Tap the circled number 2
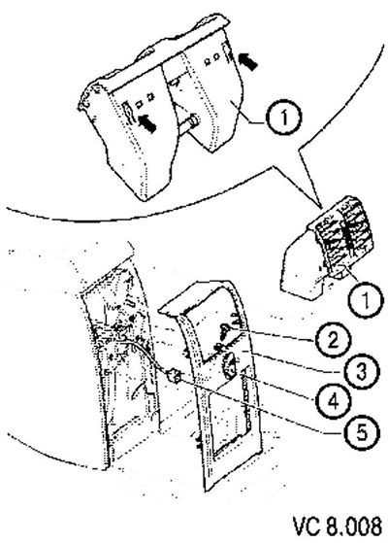(x=333, y=340)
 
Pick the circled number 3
(x=362, y=372)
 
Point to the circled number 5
(x=362, y=433)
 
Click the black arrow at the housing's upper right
(x=248, y=61)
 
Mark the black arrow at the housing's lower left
(x=146, y=123)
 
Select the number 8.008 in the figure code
(x=353, y=526)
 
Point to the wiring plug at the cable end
(x=174, y=376)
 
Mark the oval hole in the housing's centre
(x=175, y=82)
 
